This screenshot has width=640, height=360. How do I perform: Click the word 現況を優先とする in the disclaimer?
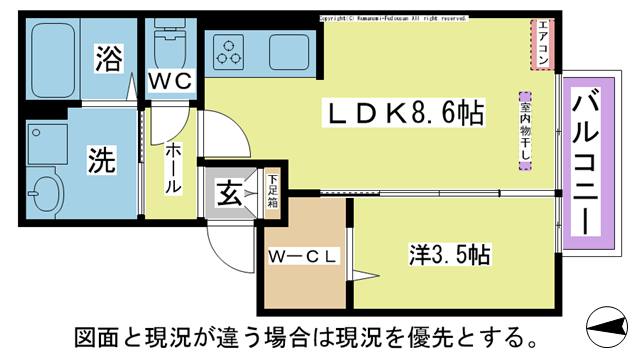pos(439,332)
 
